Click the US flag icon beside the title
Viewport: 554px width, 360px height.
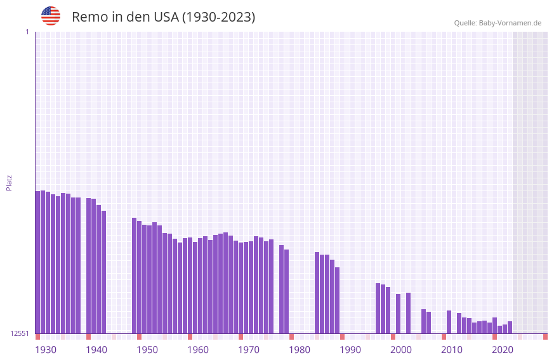click(x=51, y=16)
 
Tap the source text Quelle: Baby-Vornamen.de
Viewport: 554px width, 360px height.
click(x=498, y=23)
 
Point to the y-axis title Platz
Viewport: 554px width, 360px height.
click(x=9, y=182)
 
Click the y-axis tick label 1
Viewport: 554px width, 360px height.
click(x=27, y=32)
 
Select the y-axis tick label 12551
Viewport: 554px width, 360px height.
click(x=19, y=333)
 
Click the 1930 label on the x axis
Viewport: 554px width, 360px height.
click(x=46, y=350)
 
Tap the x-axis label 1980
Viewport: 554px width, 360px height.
click(x=300, y=350)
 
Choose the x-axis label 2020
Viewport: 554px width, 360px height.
click(x=503, y=350)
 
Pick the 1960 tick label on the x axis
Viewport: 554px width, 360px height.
click(x=198, y=350)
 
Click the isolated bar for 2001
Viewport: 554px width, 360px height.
click(x=398, y=314)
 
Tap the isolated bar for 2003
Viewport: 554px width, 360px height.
click(x=408, y=313)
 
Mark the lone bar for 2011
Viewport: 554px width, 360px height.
click(x=449, y=322)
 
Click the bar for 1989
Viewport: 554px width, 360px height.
click(x=337, y=300)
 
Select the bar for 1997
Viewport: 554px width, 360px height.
click(x=378, y=308)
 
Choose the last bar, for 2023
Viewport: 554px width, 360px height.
click(x=510, y=327)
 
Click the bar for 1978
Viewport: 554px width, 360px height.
click(x=281, y=289)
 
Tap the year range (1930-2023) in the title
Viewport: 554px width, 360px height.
click(x=219, y=17)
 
